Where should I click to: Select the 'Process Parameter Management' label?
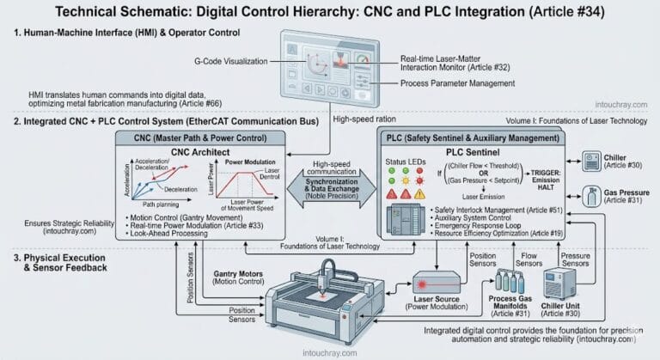click(x=459, y=83)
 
